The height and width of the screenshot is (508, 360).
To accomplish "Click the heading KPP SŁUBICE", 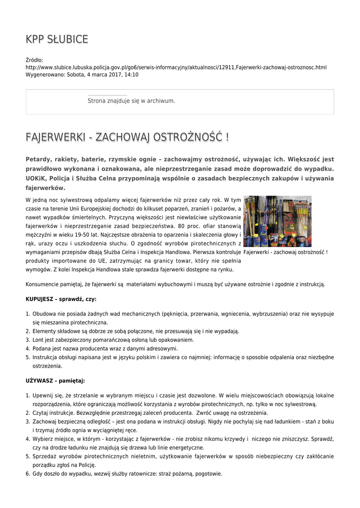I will pyautogui.click(x=57, y=39).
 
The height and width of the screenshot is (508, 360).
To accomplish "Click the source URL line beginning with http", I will pyautogui.click(x=176, y=67).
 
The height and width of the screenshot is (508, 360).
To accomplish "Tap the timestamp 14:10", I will pyautogui.click(x=132, y=75).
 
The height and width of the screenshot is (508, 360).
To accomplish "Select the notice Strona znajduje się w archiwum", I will pyautogui.click(x=131, y=101).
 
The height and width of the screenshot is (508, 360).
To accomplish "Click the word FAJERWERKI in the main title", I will pyautogui.click(x=57, y=137).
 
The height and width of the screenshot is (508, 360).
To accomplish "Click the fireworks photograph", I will pyautogui.click(x=278, y=221).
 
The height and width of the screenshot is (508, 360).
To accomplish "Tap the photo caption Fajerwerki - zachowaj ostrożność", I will pyautogui.click(x=286, y=253).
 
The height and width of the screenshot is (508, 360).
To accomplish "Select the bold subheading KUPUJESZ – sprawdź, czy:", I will pyautogui.click(x=61, y=299).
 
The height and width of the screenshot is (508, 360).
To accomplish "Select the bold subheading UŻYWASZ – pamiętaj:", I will pyautogui.click(x=55, y=381).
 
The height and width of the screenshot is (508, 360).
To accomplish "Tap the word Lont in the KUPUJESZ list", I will pyautogui.click(x=39, y=340).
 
